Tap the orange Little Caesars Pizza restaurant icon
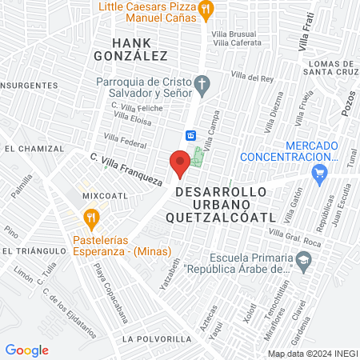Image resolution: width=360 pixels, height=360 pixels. click(x=206, y=10)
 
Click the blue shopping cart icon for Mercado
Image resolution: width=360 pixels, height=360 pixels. click(x=321, y=173)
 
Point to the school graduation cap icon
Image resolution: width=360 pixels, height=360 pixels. click(x=304, y=259)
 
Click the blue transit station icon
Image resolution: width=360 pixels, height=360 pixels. click(x=191, y=135)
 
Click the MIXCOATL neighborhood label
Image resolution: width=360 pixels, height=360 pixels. click(x=100, y=194)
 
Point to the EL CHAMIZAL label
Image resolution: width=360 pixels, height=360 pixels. click(x=34, y=149)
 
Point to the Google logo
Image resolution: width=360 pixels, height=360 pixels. click(x=26, y=350)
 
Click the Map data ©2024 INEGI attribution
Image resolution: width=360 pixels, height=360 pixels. click(x=312, y=354)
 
